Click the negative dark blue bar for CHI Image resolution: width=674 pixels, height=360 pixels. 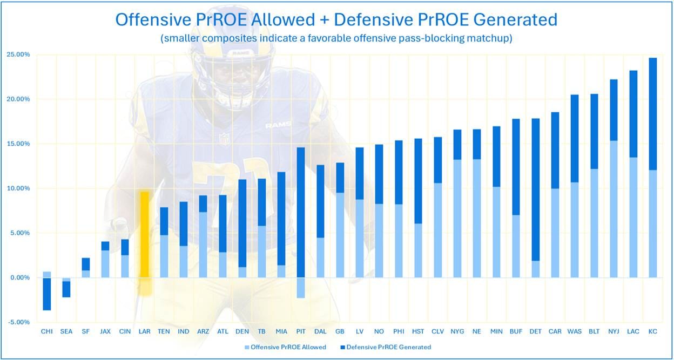pyautogui.click(x=47, y=294)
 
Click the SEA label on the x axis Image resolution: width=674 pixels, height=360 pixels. pyautogui.click(x=66, y=331)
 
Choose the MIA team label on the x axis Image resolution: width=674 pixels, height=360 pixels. pyautogui.click(x=281, y=331)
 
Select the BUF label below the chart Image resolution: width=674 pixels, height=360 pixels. pyautogui.click(x=516, y=331)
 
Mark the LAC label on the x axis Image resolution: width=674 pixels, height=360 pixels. pyautogui.click(x=633, y=331)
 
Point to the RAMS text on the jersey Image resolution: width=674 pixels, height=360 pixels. pyautogui.click(x=278, y=125)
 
